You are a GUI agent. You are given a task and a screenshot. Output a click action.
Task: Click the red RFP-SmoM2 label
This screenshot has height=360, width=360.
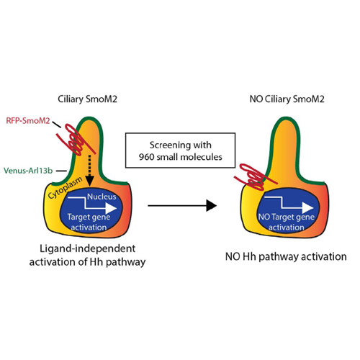pyautogui.click(x=28, y=120)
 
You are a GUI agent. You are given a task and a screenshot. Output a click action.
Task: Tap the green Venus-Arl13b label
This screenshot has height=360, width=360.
pyautogui.click(x=28, y=171)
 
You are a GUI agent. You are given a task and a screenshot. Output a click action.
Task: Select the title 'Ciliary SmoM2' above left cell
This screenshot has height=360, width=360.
pyautogui.click(x=87, y=99)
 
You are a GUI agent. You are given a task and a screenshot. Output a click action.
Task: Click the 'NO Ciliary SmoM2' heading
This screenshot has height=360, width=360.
pyautogui.click(x=287, y=99)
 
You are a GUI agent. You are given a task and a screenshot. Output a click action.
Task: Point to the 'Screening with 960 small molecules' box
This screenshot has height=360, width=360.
pyautogui.click(x=180, y=150)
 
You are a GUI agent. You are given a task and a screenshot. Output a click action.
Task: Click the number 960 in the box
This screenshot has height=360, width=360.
pyautogui.click(x=146, y=157)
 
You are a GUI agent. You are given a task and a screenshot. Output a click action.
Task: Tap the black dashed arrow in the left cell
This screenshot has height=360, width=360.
pyautogui.click(x=89, y=171)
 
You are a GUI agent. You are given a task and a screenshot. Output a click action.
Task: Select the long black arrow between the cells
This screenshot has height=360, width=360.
pyautogui.click(x=182, y=206)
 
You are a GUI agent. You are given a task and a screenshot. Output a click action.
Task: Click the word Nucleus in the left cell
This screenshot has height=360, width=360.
pyautogui.click(x=102, y=197)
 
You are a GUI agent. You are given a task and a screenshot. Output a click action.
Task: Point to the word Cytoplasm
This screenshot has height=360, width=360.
pyautogui.click(x=66, y=188)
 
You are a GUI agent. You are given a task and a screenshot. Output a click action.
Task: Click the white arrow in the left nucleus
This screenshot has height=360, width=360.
pyautogui.click(x=92, y=204)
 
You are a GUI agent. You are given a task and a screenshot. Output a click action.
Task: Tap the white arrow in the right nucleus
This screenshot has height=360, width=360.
pyautogui.click(x=289, y=204)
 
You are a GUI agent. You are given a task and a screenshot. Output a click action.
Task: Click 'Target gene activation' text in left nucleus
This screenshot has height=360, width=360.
pyautogui.click(x=89, y=222)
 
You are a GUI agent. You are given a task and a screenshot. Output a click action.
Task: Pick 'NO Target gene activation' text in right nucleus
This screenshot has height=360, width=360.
pyautogui.click(x=287, y=222)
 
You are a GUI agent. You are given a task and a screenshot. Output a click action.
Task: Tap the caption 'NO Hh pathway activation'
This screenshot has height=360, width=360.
pyautogui.click(x=286, y=256)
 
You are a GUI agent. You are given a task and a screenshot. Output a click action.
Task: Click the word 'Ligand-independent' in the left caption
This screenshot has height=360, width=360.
pyautogui.click(x=88, y=248)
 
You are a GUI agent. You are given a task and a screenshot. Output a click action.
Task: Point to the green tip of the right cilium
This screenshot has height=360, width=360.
pyautogui.click(x=287, y=117)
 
